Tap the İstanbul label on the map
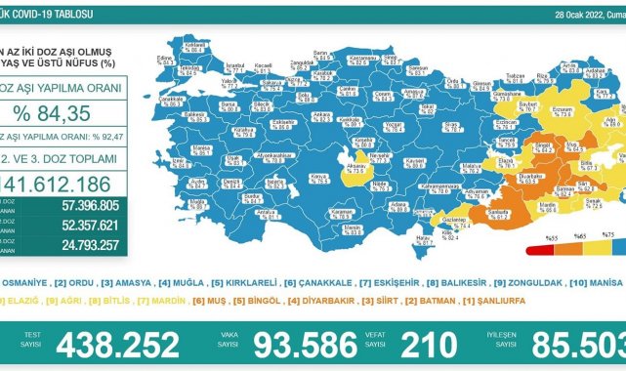pos(234,66)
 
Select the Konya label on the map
pos(317,177)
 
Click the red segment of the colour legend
pos(541,224)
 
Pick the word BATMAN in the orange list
pos(435,301)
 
